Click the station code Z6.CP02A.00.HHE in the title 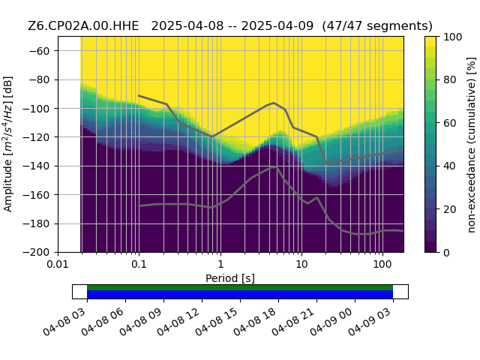tap(83, 26)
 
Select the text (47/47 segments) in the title tap(377, 26)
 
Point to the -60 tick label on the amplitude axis tap(40, 51)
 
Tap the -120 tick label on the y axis tap(37, 137)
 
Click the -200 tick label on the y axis tap(37, 253)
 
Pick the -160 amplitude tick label tap(37, 195)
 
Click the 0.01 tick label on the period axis tap(58, 264)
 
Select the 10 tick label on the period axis tap(301, 264)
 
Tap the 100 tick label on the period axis tap(382, 264)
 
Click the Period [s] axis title tap(230, 278)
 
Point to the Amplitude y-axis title tap(8, 144)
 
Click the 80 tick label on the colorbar tap(450, 80)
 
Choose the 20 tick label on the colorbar tap(450, 210)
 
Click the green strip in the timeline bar tap(240, 287)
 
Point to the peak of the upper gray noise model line tap(274, 103)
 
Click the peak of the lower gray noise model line tap(274, 166)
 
